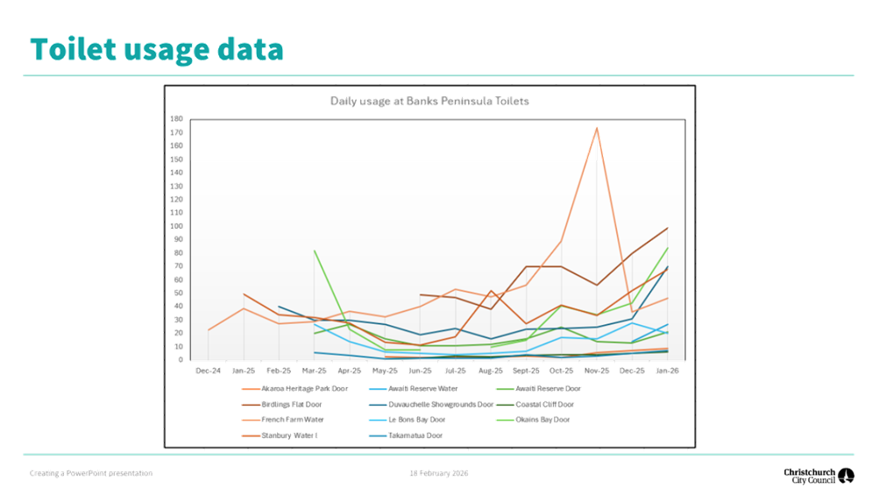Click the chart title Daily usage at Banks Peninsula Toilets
429,102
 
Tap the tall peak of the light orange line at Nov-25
597,128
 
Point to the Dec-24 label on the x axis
208,371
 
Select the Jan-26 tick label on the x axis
668,371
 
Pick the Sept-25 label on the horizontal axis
526,371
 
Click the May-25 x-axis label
385,371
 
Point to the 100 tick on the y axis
177,226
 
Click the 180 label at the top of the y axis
177,118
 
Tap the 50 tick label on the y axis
179,293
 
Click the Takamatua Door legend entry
416,435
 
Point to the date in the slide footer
439,474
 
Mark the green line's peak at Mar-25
314,251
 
